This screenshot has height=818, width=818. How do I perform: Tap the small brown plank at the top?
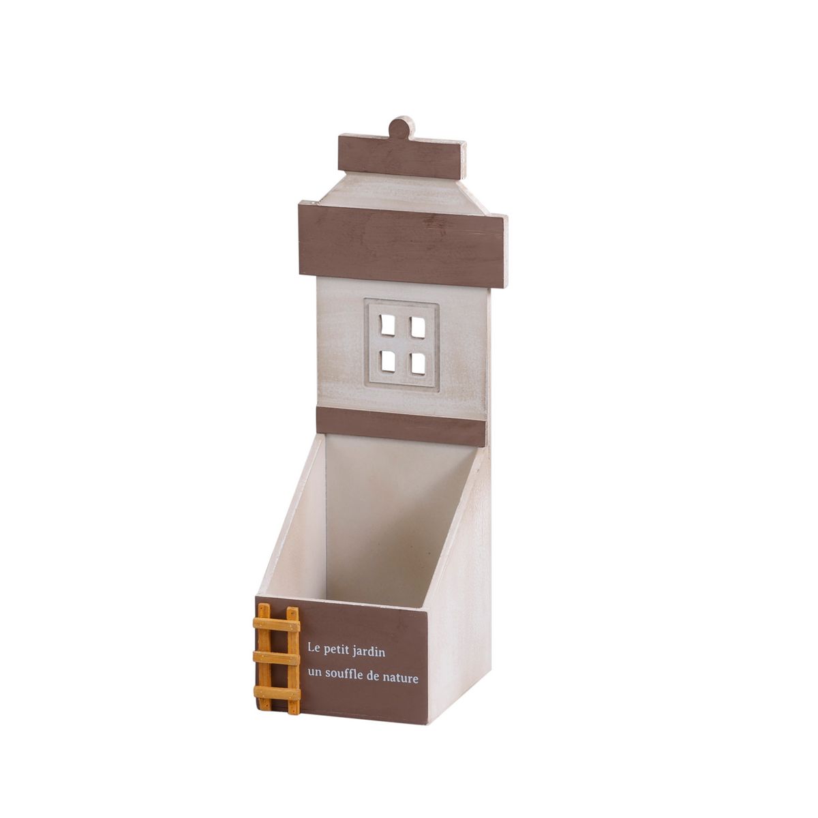pyautogui.click(x=402, y=156)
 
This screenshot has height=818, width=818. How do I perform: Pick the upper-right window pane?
pyautogui.click(x=417, y=327)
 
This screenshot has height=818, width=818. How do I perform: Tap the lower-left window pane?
pyautogui.click(x=388, y=361)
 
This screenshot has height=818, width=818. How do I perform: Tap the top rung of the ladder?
pyautogui.click(x=276, y=625)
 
